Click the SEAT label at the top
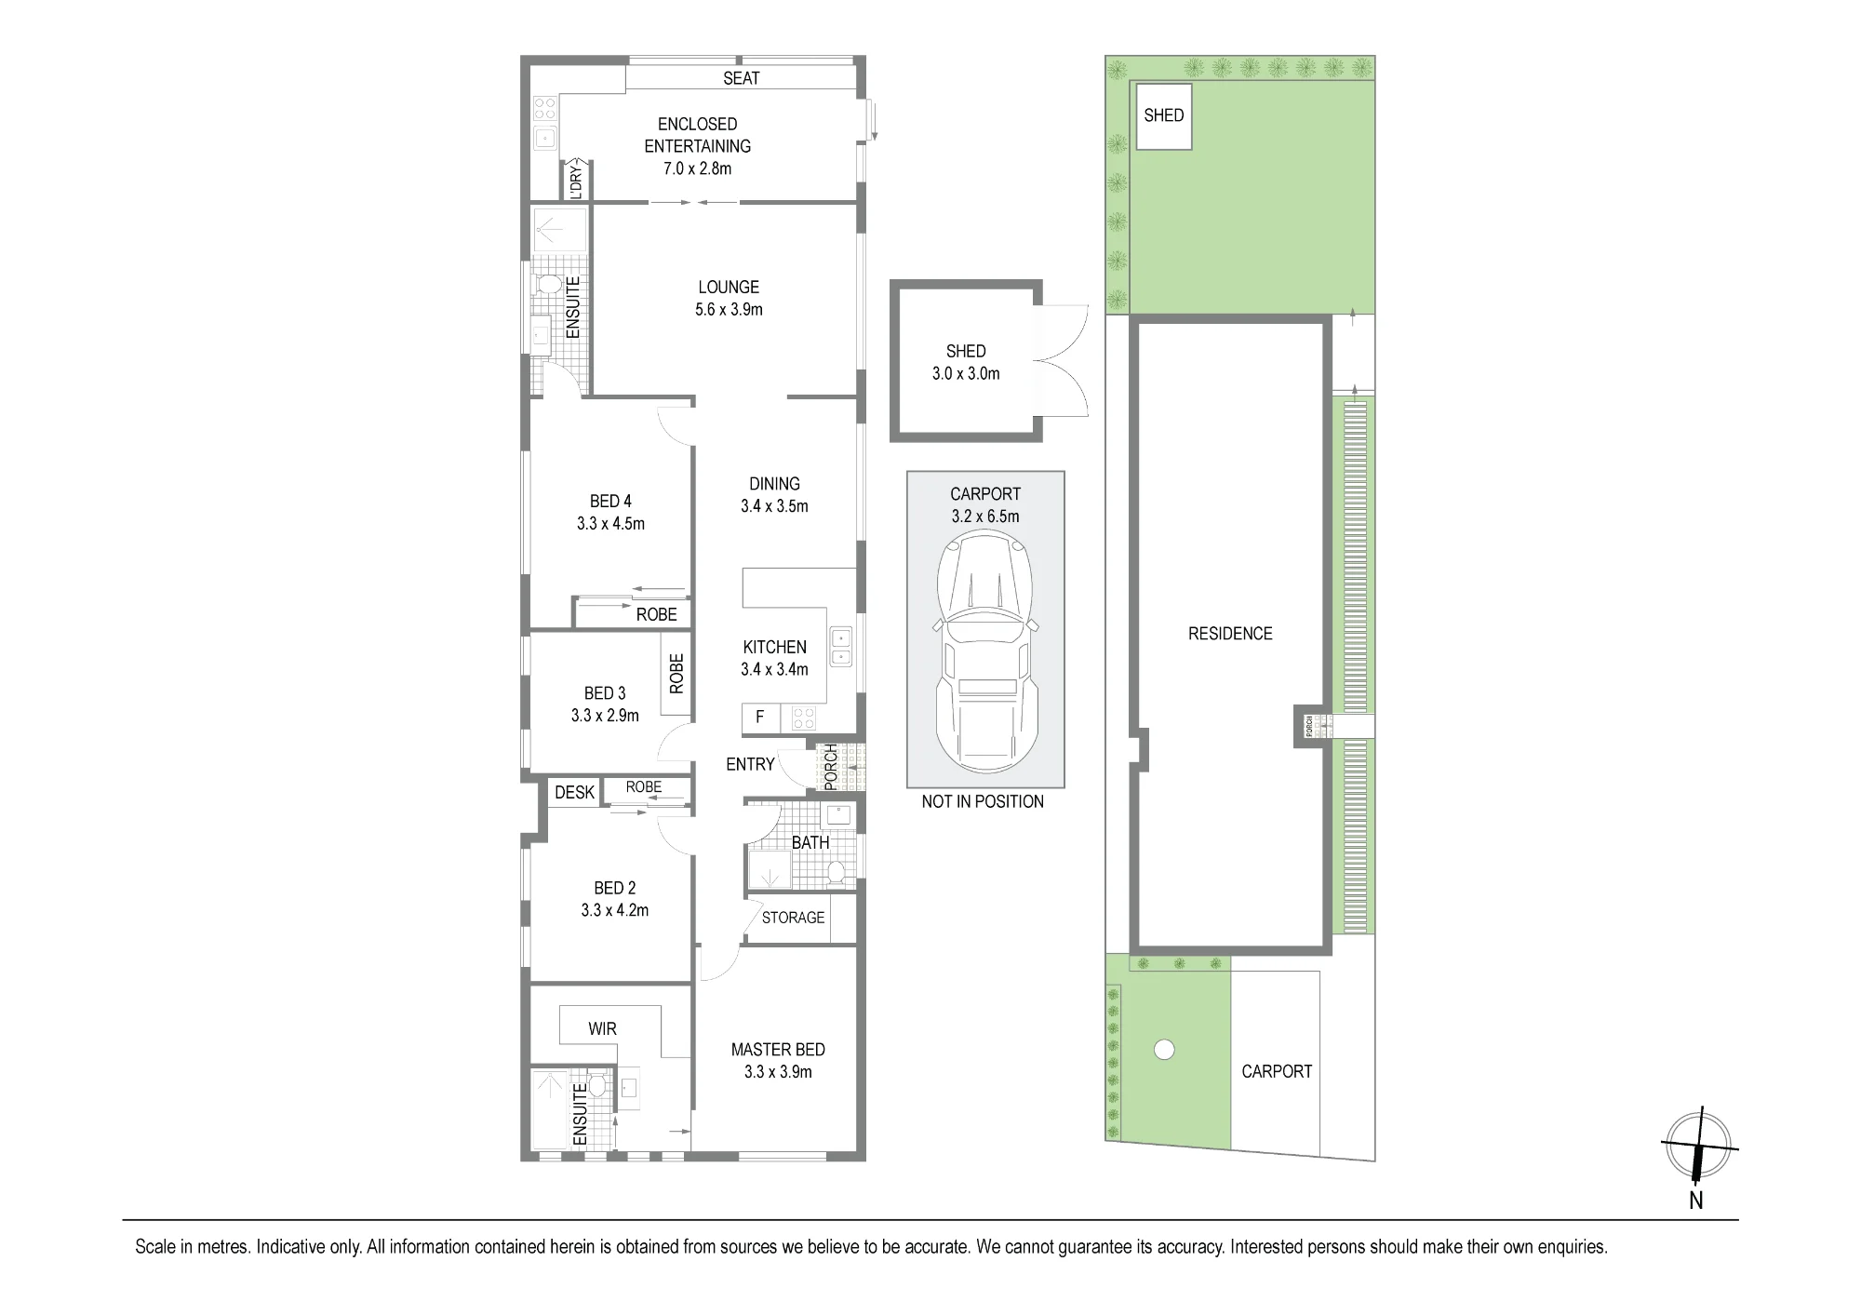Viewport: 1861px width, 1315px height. [742, 78]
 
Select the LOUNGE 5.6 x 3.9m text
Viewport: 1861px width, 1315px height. [729, 298]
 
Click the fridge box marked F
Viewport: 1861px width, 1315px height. [760, 718]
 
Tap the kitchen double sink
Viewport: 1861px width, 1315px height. [842, 647]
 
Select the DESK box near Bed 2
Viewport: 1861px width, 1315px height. [574, 792]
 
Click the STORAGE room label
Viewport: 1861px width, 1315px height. [793, 918]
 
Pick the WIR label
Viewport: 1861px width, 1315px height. [602, 1028]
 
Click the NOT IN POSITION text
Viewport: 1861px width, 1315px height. [983, 801]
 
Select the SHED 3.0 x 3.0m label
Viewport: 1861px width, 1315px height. [966, 362]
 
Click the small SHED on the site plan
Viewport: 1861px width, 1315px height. [1164, 115]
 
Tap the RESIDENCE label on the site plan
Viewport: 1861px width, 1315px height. [1230, 634]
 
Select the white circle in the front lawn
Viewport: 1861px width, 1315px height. [1163, 1050]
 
